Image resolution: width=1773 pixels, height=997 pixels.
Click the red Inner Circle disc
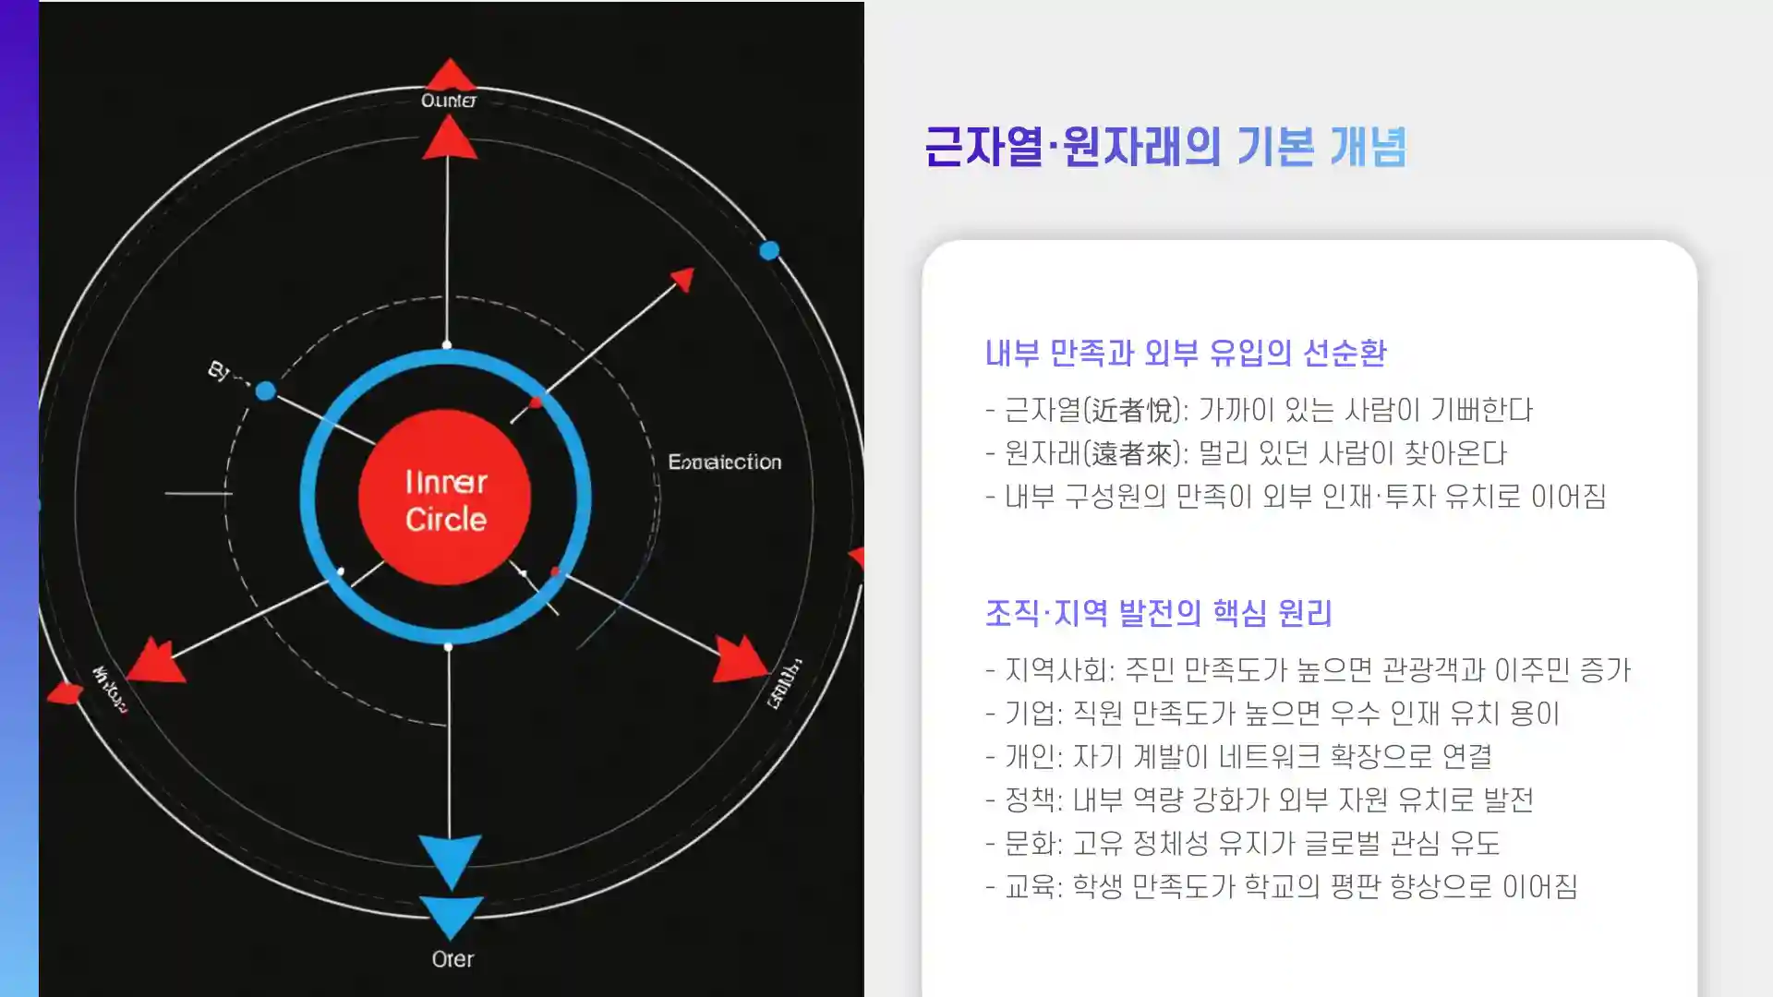(444, 498)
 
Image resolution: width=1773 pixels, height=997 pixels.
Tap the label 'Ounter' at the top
(449, 100)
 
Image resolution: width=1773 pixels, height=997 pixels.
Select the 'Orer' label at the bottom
(452, 959)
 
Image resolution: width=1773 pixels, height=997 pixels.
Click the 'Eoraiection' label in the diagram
(724, 462)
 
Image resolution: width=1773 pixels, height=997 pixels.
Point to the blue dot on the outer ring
(769, 250)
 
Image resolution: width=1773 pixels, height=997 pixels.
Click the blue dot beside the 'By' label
(266, 390)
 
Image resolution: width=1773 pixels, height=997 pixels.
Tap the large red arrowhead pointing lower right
(741, 658)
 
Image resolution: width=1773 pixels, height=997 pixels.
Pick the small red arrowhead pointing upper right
(683, 279)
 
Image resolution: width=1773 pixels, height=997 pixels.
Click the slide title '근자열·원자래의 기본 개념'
(1164, 148)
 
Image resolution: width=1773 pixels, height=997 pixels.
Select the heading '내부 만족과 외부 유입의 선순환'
(1185, 353)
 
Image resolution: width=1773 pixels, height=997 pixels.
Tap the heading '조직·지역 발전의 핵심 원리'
(1158, 613)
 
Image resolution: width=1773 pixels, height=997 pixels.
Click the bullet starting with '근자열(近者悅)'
(1259, 410)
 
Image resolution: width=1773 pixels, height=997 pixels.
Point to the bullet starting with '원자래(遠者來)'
(1246, 453)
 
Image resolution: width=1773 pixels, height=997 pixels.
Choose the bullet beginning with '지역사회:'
(1308, 670)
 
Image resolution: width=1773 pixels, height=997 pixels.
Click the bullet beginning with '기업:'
(1272, 714)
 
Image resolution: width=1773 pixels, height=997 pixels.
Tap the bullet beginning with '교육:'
(1281, 886)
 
